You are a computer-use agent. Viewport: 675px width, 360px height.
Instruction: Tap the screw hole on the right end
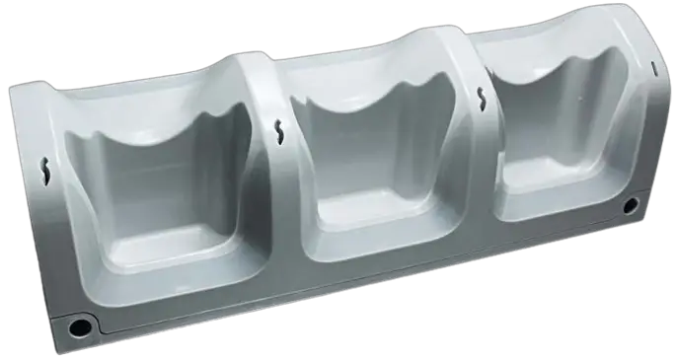click(x=630, y=206)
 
